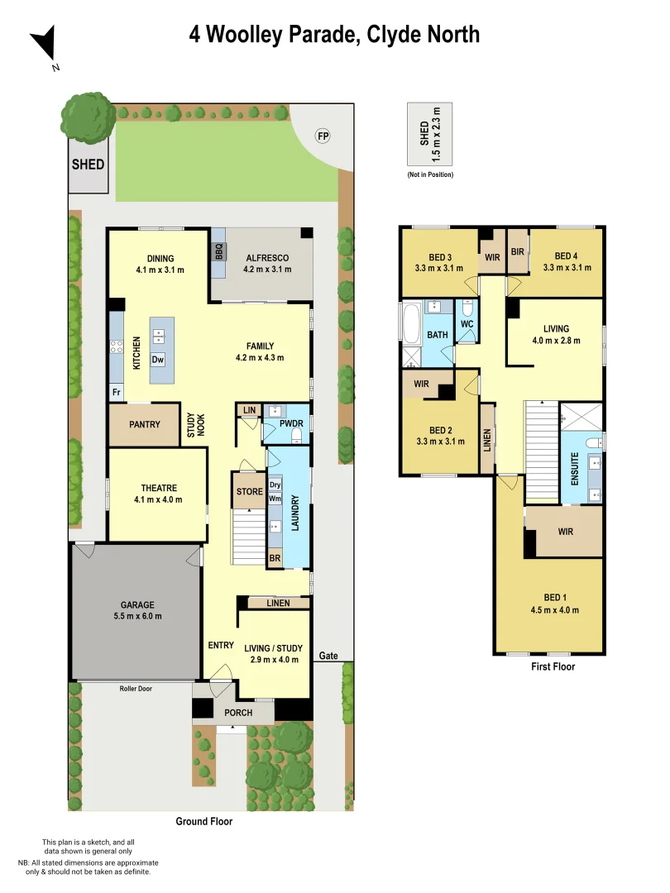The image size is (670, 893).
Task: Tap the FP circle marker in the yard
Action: point(323,136)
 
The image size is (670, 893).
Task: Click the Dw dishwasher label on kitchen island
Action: point(157,359)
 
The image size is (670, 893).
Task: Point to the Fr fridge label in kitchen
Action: point(117,392)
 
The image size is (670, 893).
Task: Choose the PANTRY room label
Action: point(145,424)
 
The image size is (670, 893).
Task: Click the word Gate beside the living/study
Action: point(328,656)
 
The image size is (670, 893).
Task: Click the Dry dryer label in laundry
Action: point(275,485)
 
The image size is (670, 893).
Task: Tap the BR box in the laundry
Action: point(275,560)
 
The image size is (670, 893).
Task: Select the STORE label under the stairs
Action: point(249,492)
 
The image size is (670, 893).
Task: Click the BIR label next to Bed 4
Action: point(518,251)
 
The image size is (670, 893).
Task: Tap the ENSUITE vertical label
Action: point(575,465)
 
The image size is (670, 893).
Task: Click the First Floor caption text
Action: point(553,666)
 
